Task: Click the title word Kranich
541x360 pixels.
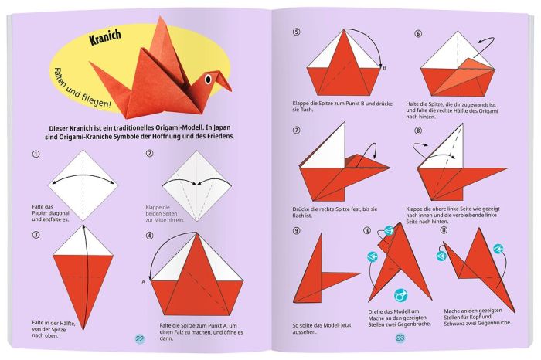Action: coord(106,37)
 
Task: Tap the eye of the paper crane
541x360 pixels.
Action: coord(208,80)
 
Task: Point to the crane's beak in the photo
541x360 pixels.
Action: coord(224,80)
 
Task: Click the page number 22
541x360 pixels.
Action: coord(140,338)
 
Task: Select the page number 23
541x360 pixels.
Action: coord(400,338)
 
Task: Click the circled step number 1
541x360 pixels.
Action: coord(36,155)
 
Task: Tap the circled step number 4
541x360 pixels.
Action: coord(149,236)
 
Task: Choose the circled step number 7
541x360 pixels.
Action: coord(296,131)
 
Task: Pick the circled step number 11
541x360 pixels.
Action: coord(444,230)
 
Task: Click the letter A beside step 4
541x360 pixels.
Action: coord(144,282)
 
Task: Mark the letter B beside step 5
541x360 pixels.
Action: coord(384,68)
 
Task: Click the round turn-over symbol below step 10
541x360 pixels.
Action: coord(400,295)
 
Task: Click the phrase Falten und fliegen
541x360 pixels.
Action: coord(83,88)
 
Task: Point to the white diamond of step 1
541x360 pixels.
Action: coord(83,185)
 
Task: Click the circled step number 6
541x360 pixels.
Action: coord(418,33)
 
